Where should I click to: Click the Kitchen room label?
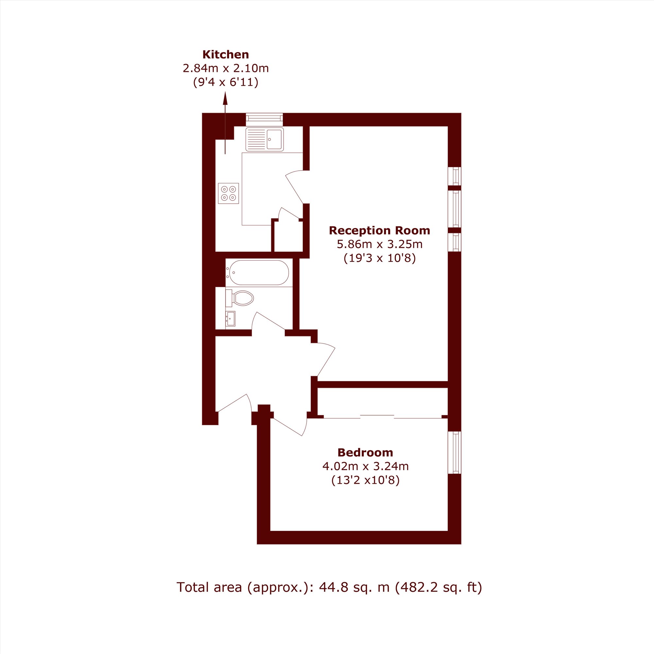point(225,55)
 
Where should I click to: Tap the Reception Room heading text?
point(379,231)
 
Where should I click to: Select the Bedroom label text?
point(365,453)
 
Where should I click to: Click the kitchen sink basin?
point(275,139)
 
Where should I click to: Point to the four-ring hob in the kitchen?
point(229,193)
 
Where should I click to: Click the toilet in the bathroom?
point(240,298)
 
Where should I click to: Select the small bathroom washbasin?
point(231,319)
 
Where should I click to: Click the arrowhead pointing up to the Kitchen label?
point(225,98)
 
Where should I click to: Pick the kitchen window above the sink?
point(264,118)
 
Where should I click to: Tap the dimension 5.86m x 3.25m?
point(379,244)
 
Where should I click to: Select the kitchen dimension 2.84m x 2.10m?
point(226,68)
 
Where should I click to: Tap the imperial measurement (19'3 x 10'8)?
point(379,258)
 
